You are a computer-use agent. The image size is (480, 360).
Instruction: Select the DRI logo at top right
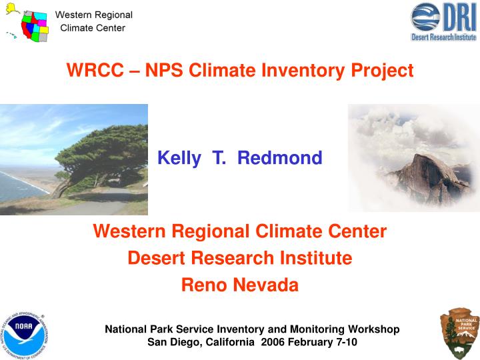[x=443, y=21]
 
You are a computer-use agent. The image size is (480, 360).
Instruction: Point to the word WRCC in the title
[x=90, y=70]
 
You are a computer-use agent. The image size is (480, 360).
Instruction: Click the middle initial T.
[x=218, y=158]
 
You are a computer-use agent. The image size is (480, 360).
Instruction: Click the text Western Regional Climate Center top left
[x=93, y=21]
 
